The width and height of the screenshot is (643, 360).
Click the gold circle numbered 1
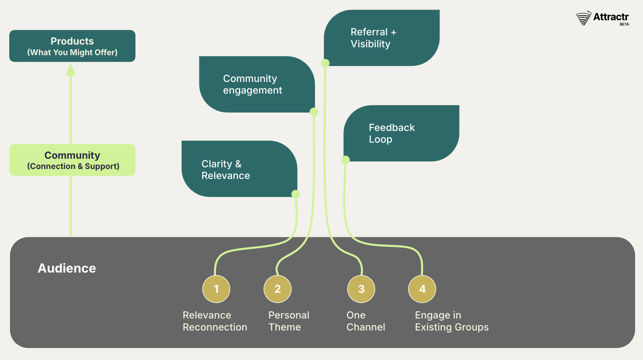tap(216, 289)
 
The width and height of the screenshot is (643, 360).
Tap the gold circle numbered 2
tap(278, 289)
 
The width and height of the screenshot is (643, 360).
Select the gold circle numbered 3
tap(361, 289)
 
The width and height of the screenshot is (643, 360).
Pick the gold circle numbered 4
tap(422, 289)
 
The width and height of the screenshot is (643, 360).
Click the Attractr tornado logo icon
tap(584, 18)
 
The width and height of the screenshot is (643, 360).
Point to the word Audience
tap(67, 268)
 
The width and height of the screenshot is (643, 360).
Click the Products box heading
tap(72, 41)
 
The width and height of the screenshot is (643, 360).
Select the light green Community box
tap(72, 160)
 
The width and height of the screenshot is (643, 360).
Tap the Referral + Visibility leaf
tap(382, 38)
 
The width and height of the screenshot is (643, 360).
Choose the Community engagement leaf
tap(257, 84)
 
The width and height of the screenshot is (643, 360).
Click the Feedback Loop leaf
tap(401, 133)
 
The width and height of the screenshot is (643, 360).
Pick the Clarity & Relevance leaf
tap(239, 169)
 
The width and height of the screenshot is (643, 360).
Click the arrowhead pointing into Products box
tap(71, 70)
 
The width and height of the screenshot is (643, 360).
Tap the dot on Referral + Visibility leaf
tap(325, 63)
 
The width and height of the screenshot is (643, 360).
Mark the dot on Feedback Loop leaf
tap(346, 160)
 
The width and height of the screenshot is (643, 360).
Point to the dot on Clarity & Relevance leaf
tap(295, 194)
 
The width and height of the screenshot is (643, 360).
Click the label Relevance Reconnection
tap(215, 321)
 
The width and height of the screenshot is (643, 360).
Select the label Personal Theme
tap(289, 321)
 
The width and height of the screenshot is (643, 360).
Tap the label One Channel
tap(365, 321)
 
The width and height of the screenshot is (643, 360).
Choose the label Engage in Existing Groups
tap(452, 321)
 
